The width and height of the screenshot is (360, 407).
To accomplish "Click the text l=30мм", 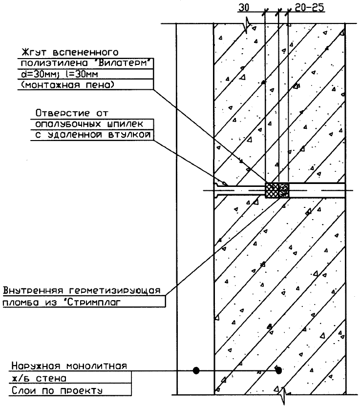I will [79, 74].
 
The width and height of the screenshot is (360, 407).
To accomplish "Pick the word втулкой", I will [125, 134].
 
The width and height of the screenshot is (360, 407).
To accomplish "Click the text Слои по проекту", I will [57, 390].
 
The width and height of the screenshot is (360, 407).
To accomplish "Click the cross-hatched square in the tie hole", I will [271, 190].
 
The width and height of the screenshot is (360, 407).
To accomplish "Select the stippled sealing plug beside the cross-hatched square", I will [283, 190].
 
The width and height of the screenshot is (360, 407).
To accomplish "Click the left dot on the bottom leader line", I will [196, 370].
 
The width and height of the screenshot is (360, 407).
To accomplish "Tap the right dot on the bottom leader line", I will [278, 370].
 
